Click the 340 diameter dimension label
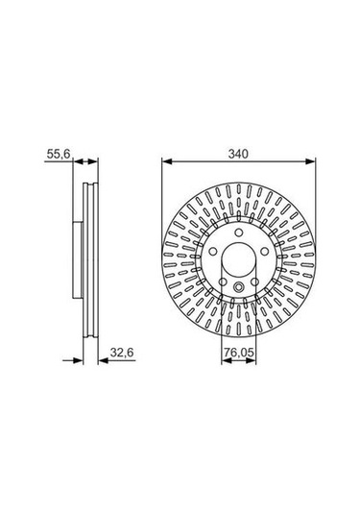238,154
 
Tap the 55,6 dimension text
59,154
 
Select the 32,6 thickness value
122,353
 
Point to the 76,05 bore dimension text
239,353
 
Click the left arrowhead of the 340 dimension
167,161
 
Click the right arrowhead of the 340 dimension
310,161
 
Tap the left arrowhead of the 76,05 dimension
227,360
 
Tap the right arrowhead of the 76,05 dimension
251,360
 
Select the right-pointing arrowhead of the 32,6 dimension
79,360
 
